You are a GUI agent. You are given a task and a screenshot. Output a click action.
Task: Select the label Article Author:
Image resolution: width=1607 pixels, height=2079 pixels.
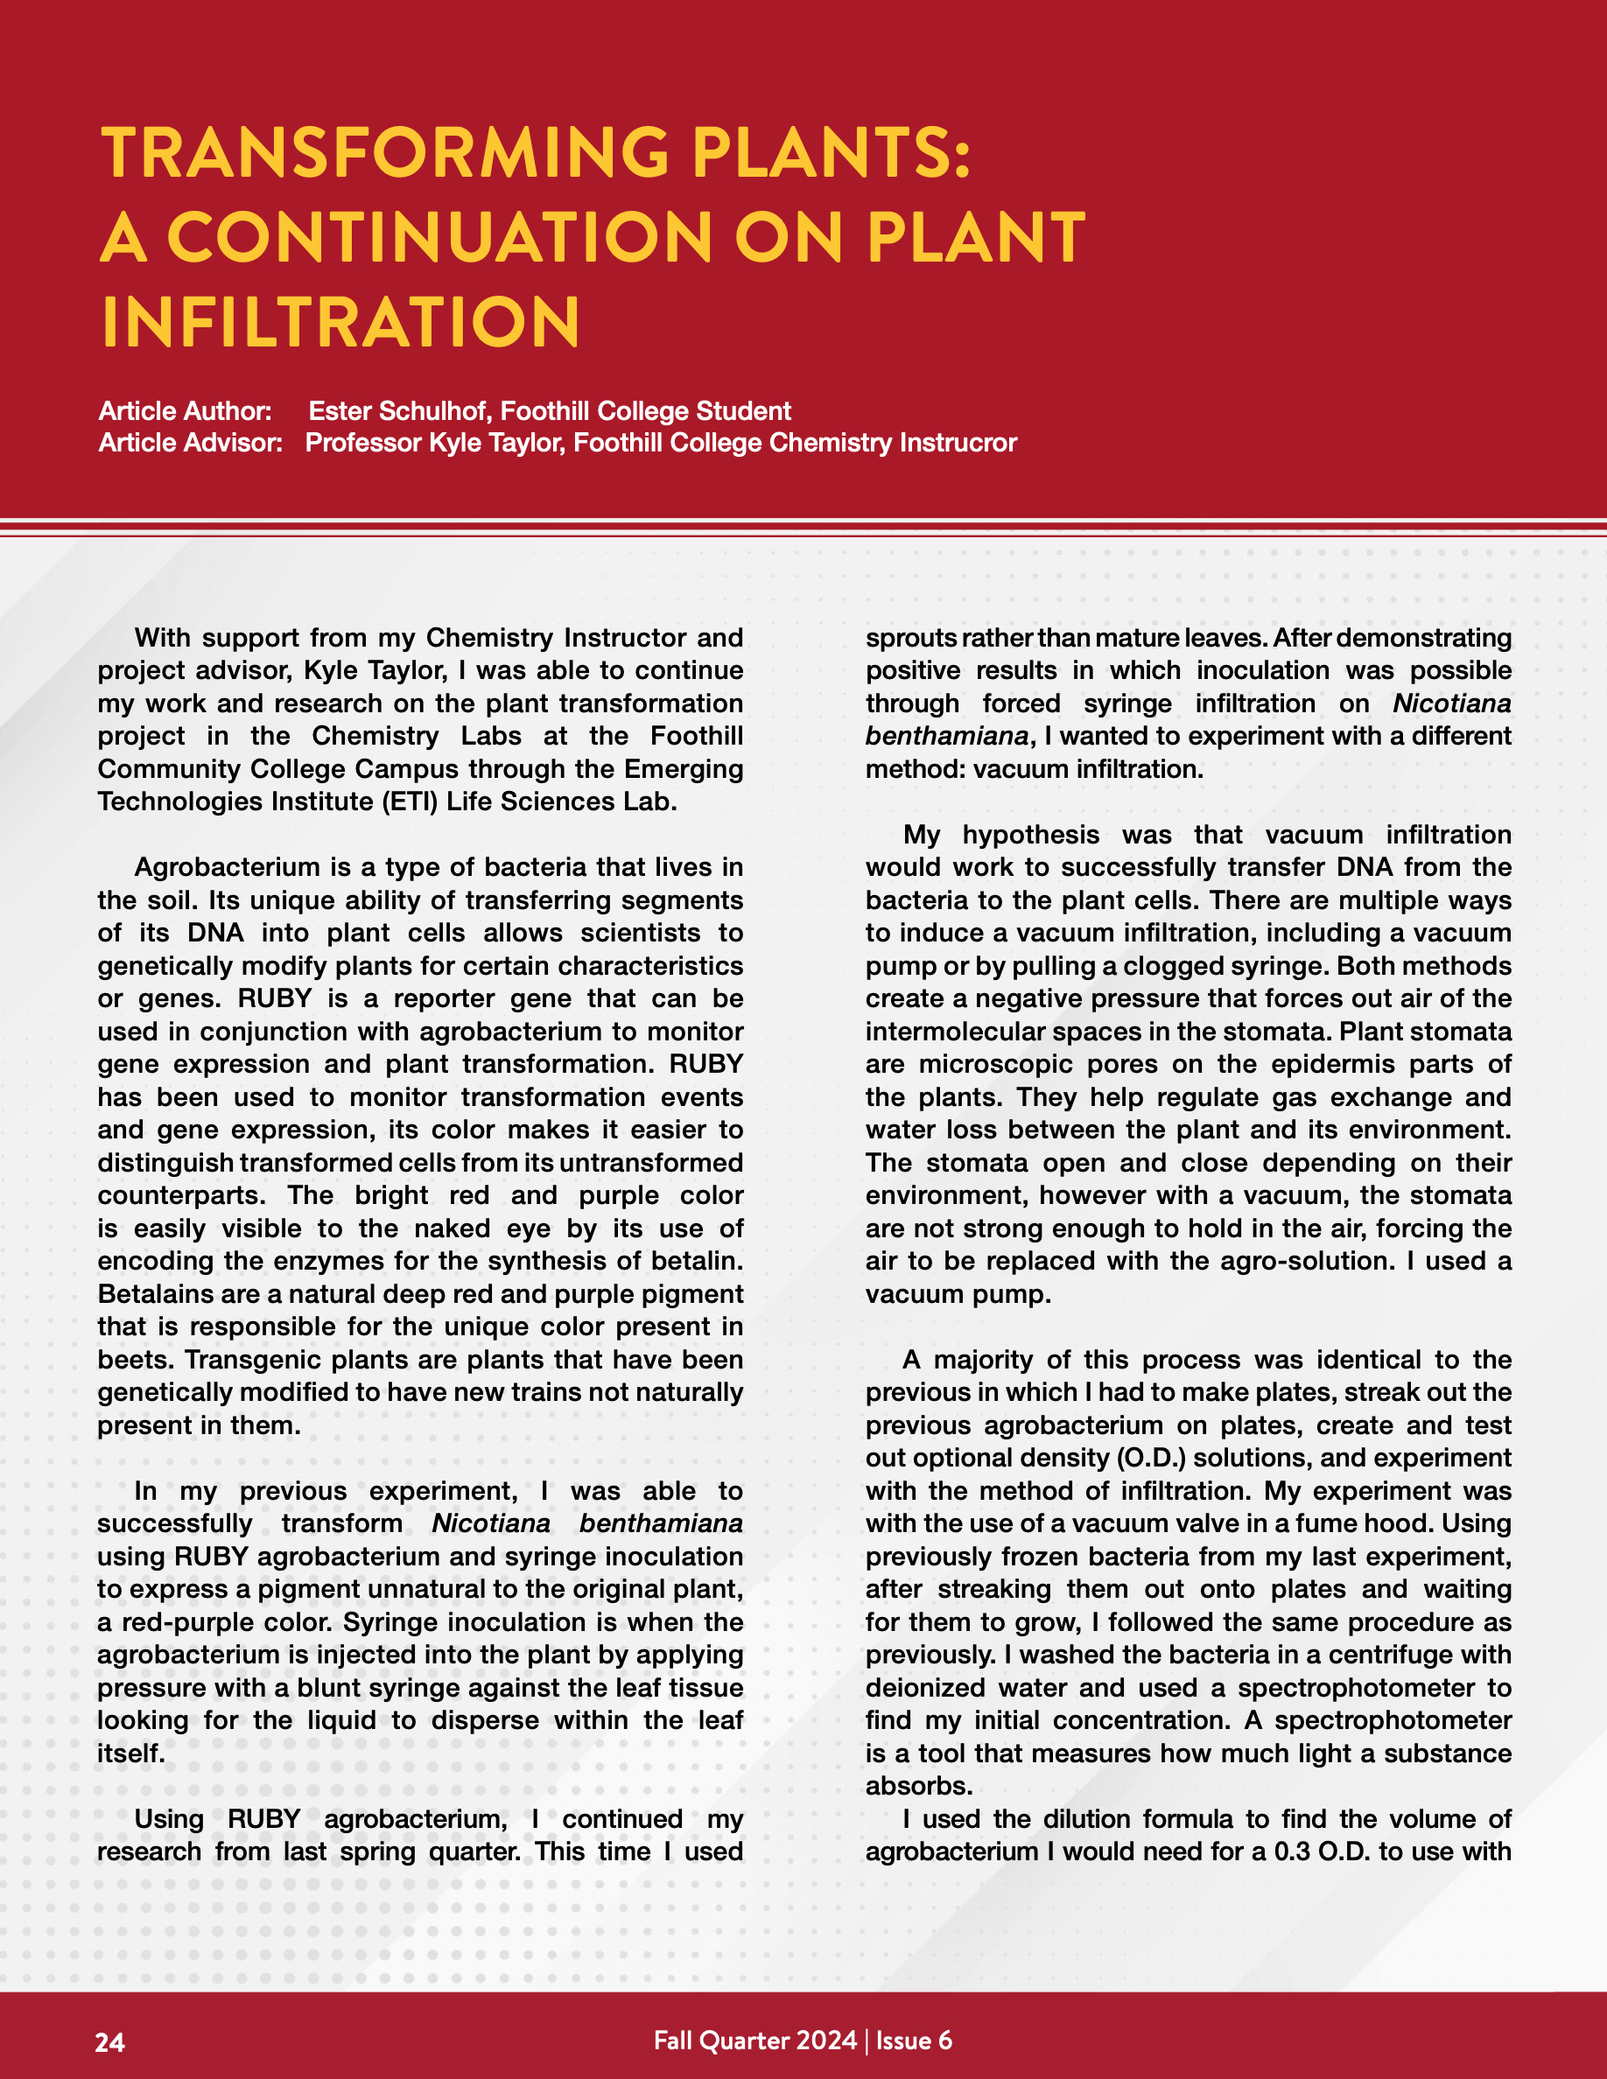185,411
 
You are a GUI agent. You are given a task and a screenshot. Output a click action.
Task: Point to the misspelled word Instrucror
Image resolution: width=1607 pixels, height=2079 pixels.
958,443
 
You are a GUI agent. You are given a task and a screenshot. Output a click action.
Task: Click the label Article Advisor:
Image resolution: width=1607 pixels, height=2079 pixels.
191,443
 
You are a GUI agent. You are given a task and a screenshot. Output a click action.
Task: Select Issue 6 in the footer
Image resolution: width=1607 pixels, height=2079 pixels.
913,2040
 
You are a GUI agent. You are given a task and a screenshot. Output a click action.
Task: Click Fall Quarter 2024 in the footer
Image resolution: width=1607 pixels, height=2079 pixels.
755,2040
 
